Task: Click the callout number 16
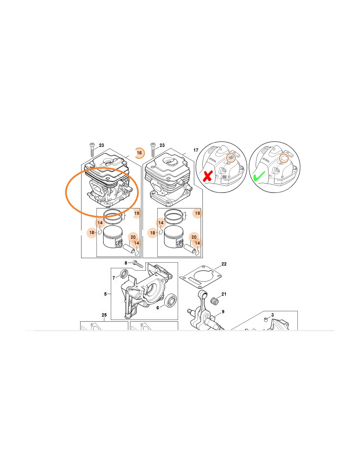tap(139, 153)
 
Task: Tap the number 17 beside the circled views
tap(196, 150)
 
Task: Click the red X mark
tap(208, 176)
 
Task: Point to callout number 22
tap(224, 264)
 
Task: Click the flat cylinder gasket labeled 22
tap(201, 277)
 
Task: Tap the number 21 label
tap(224, 294)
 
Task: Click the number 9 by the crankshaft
tap(223, 312)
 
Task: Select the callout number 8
tap(126, 263)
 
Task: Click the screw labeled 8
tap(138, 264)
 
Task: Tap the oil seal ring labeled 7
tap(124, 274)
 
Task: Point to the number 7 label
tap(114, 278)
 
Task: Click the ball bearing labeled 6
tap(171, 301)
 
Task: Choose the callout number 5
tap(105, 294)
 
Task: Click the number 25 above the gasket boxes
tap(104, 315)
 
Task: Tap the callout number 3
tap(272, 315)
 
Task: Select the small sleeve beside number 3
tap(265, 320)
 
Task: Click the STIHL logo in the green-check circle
tap(266, 160)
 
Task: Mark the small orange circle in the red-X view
tap(231, 158)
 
